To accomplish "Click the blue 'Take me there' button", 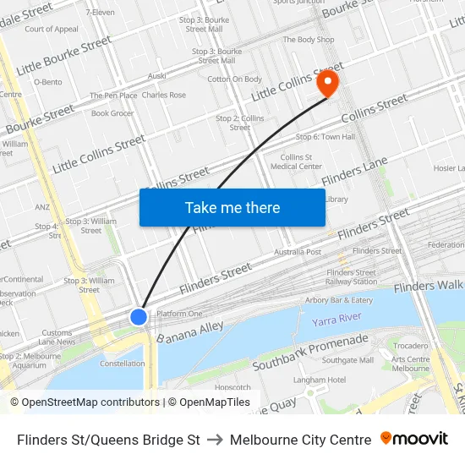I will (232, 207).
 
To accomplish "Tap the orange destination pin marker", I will (326, 83).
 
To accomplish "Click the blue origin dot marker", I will (139, 316).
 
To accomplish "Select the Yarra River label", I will (336, 320).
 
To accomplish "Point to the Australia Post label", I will (298, 252).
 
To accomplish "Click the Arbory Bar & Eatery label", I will (339, 299).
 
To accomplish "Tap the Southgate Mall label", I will (347, 360).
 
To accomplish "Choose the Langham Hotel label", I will (320, 380).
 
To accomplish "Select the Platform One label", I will (179, 314).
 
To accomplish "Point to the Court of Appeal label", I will (52, 29).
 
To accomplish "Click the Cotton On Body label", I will (234, 79).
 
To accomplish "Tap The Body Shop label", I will (309, 40).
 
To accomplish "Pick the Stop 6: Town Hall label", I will (325, 136).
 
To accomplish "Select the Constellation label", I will (123, 364).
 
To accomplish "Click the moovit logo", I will (413, 439).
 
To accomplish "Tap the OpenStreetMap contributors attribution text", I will (87, 402).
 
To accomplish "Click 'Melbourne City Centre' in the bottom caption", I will (300, 440).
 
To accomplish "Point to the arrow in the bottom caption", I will (215, 440).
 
